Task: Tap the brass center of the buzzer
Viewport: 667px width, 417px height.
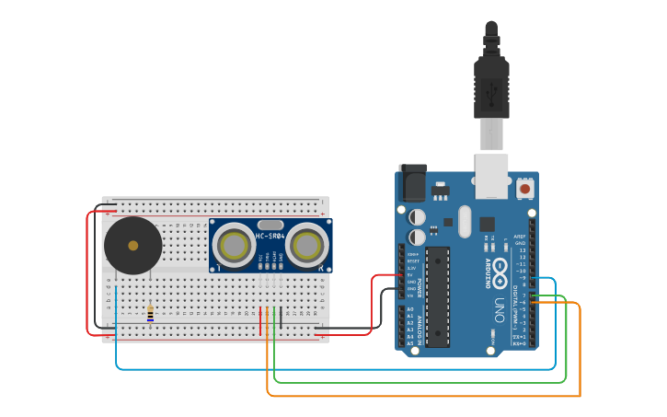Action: point(133,246)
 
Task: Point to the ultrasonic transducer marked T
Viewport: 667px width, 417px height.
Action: point(235,246)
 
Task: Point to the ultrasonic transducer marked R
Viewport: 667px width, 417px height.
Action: point(306,246)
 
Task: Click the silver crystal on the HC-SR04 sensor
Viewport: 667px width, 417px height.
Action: point(270,225)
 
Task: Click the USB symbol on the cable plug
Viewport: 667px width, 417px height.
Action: point(491,91)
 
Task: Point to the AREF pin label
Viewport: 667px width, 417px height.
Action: point(520,236)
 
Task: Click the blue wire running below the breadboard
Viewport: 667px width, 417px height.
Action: point(331,369)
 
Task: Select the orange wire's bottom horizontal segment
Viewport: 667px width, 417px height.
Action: point(423,396)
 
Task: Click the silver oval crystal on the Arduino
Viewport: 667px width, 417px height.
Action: point(464,221)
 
